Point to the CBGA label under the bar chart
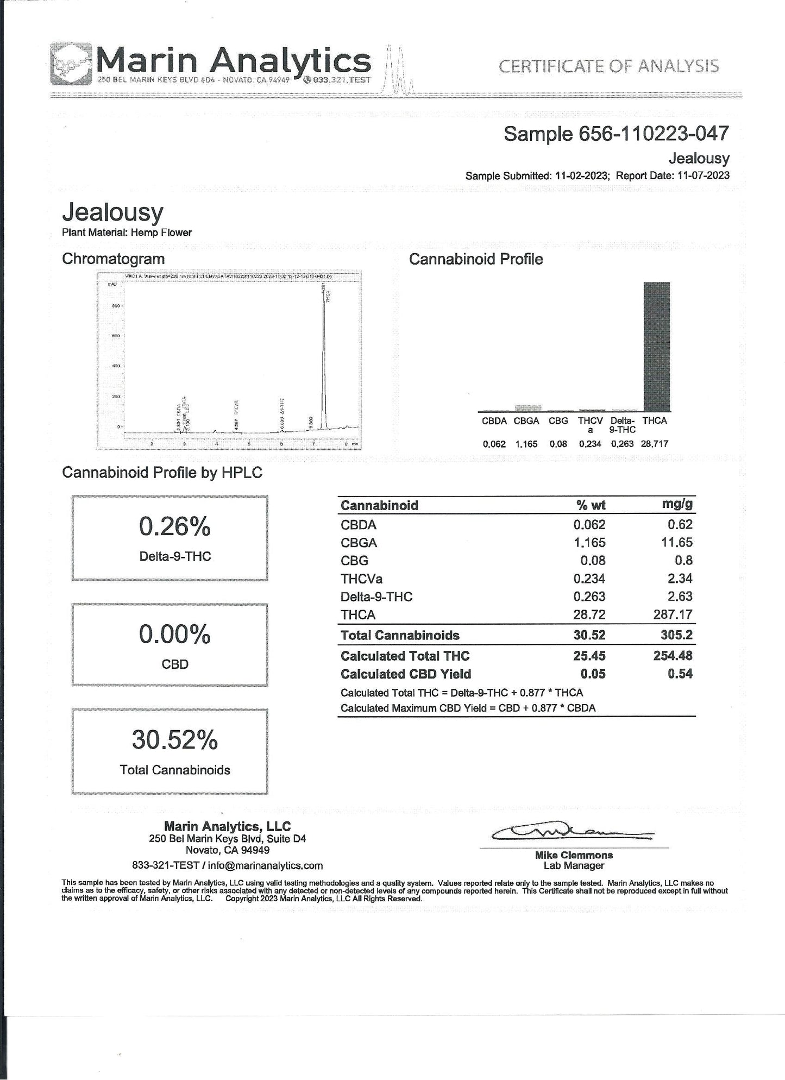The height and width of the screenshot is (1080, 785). pyautogui.click(x=526, y=421)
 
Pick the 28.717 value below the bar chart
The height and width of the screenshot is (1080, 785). pyautogui.click(x=654, y=444)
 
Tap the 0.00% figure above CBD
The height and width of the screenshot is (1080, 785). pyautogui.click(x=174, y=634)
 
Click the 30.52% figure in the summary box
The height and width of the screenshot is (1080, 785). pyautogui.click(x=174, y=740)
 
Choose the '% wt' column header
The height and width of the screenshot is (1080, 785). pyautogui.click(x=591, y=505)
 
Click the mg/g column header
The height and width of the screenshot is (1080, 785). pyautogui.click(x=677, y=504)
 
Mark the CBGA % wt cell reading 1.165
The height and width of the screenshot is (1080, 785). pyautogui.click(x=589, y=542)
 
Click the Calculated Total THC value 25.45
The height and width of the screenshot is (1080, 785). pyautogui.click(x=589, y=656)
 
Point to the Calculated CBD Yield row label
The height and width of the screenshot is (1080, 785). pyautogui.click(x=405, y=674)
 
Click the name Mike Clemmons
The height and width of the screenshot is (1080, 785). pyautogui.click(x=574, y=855)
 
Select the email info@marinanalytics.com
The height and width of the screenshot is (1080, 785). pyautogui.click(x=265, y=865)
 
